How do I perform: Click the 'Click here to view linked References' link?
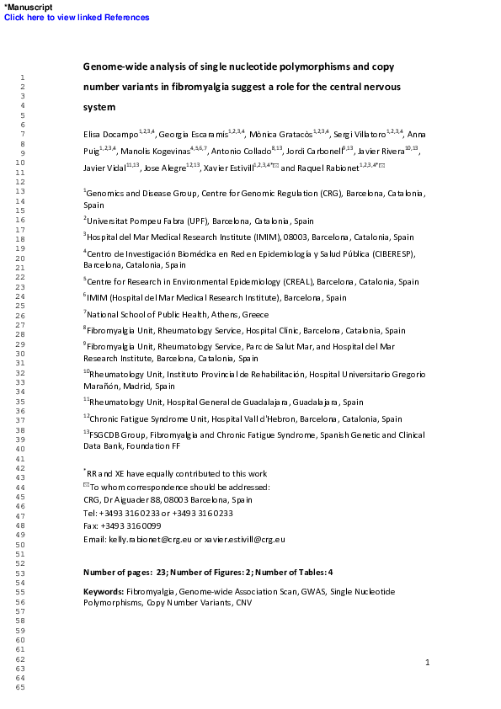point(77,17)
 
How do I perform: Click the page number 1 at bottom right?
point(427,663)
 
